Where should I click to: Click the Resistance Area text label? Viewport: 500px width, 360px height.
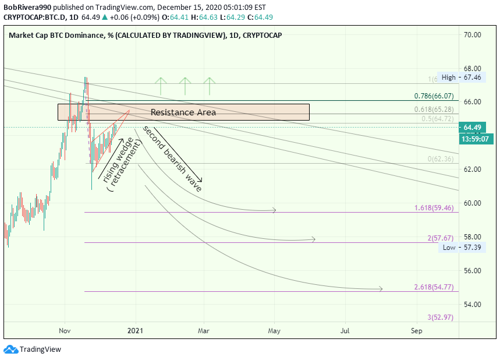(183, 112)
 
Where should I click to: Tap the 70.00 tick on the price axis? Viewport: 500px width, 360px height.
(472, 35)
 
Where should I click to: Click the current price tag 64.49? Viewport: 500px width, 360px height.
(471, 128)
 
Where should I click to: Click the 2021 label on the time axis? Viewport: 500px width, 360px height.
(136, 331)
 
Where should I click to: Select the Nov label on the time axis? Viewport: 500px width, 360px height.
(65, 331)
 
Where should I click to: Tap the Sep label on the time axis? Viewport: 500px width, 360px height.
(416, 331)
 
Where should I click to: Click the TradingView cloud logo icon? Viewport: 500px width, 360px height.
(10, 350)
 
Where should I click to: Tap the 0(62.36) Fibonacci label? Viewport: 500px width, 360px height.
(441, 159)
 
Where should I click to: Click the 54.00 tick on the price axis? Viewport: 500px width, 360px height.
(472, 305)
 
